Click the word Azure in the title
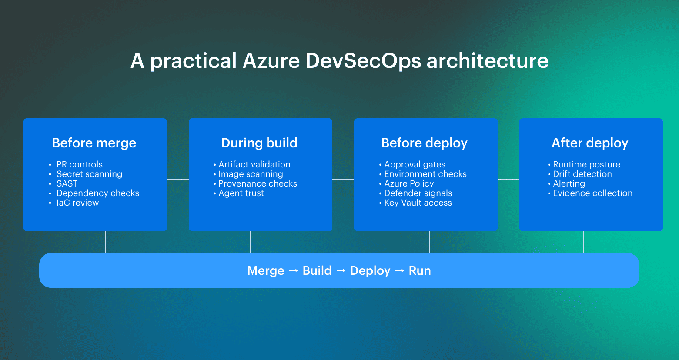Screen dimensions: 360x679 tap(271, 61)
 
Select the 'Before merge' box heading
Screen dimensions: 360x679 tap(94, 143)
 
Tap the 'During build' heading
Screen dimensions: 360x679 tap(259, 143)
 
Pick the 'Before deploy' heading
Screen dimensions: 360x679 tap(424, 143)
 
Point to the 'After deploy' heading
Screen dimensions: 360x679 tap(590, 143)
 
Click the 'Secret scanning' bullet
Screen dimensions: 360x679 tap(89, 174)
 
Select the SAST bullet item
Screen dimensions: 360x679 tap(67, 183)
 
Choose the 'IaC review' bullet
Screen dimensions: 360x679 tap(77, 203)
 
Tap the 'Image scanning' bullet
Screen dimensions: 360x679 tap(251, 174)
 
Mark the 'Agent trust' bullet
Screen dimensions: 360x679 tap(241, 193)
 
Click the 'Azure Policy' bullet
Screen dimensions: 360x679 tap(409, 183)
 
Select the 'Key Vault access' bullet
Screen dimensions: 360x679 tap(418, 203)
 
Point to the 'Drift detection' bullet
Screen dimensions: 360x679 tap(582, 174)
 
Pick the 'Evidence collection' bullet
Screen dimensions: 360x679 tap(592, 193)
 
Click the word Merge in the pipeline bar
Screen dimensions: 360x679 tap(265, 271)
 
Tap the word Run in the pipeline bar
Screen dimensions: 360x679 tap(420, 271)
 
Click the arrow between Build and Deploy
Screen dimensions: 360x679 tap(341, 271)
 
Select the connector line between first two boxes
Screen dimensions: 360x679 tap(178, 179)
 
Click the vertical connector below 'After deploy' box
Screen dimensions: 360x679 tap(583, 242)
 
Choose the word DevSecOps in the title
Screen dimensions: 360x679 tap(363, 61)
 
